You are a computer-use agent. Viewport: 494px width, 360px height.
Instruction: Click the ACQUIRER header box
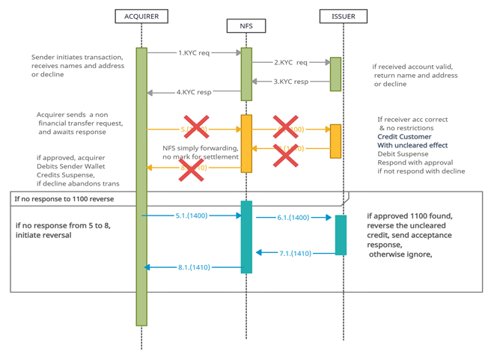[x=141, y=16]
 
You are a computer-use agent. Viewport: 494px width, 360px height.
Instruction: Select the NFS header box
[x=246, y=26]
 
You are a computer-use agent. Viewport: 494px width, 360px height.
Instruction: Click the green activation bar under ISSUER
[x=336, y=73]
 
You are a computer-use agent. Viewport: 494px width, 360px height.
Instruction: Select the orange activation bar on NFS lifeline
[x=246, y=142]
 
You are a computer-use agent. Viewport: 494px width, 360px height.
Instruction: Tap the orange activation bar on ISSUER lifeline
[x=336, y=141]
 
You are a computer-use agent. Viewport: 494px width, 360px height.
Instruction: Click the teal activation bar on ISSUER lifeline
[x=341, y=235]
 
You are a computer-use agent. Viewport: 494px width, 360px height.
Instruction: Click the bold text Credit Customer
[x=404, y=136]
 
